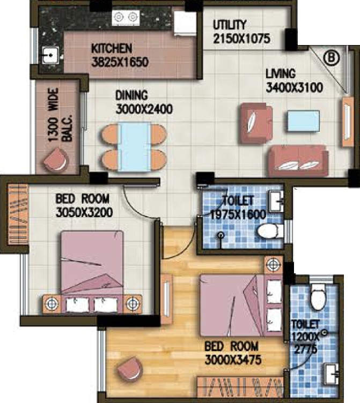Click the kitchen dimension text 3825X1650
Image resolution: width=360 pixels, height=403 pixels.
click(x=120, y=62)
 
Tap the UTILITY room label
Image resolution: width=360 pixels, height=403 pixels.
click(x=230, y=25)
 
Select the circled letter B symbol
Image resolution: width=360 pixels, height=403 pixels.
click(x=331, y=57)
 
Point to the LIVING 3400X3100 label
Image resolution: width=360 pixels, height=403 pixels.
click(x=294, y=80)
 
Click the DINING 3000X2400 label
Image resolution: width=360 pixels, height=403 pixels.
click(x=144, y=102)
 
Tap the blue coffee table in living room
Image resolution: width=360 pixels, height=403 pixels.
click(x=303, y=121)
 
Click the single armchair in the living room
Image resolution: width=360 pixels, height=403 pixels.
click(x=256, y=123)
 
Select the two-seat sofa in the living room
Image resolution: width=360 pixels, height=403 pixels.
click(x=298, y=161)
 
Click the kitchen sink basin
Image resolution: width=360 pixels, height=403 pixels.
click(x=50, y=55)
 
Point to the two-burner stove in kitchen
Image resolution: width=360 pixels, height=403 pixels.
click(x=126, y=18)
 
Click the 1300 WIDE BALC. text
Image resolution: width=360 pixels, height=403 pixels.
click(x=60, y=115)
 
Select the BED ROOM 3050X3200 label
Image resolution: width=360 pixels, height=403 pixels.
click(x=84, y=206)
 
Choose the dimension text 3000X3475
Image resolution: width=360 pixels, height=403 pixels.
click(x=233, y=360)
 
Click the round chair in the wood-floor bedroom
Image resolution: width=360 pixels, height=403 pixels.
click(x=129, y=369)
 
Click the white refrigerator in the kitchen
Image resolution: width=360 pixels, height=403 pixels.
click(x=185, y=23)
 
